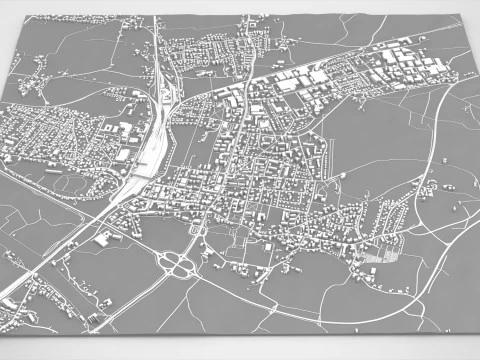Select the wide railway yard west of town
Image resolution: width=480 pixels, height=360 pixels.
point(152,150)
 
